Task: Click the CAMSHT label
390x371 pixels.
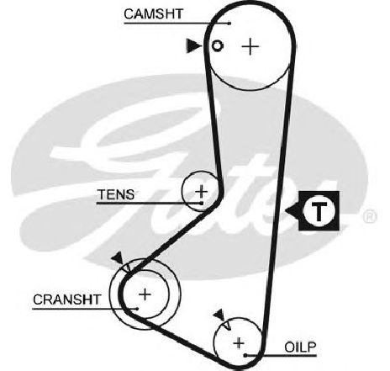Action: [x=153, y=13]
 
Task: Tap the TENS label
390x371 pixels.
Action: [x=116, y=194]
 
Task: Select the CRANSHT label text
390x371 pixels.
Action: [x=67, y=299]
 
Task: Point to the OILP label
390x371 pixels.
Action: [x=300, y=347]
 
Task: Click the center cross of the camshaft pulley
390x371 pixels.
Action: [x=250, y=46]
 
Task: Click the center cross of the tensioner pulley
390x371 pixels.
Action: [x=201, y=192]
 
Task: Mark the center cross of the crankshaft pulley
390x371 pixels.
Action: [x=145, y=294]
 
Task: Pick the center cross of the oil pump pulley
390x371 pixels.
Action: [x=239, y=343]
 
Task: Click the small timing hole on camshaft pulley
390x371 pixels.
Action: [x=217, y=45]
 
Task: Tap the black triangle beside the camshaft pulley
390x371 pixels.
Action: [x=193, y=45]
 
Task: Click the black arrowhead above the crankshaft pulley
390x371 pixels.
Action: [x=118, y=258]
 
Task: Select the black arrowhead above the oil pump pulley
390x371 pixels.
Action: [x=219, y=315]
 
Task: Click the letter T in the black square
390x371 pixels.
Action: [x=319, y=211]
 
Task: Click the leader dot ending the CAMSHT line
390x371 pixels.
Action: [x=229, y=24]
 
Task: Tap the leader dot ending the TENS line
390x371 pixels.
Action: [x=201, y=203]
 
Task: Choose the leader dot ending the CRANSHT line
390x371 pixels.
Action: [x=137, y=309]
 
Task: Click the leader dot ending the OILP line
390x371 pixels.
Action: [x=245, y=356]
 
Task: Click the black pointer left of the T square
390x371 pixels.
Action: [x=292, y=210]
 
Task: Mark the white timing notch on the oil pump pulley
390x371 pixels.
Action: [x=227, y=326]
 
